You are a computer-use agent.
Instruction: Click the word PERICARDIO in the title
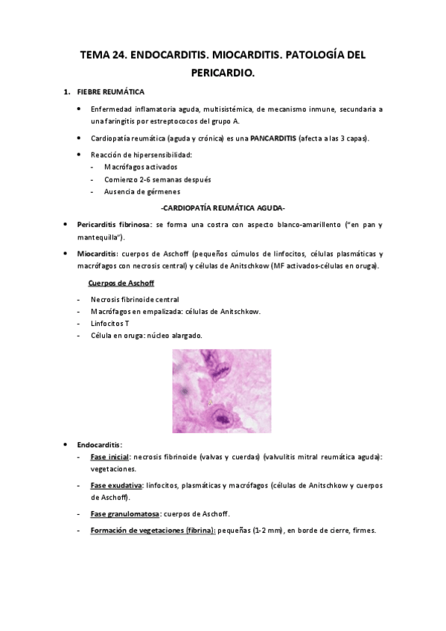pos(223,74)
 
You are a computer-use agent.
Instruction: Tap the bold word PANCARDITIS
pos(273,138)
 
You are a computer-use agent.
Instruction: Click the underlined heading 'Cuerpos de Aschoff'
pos(121,283)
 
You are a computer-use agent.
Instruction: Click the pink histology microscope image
pos(222,391)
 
